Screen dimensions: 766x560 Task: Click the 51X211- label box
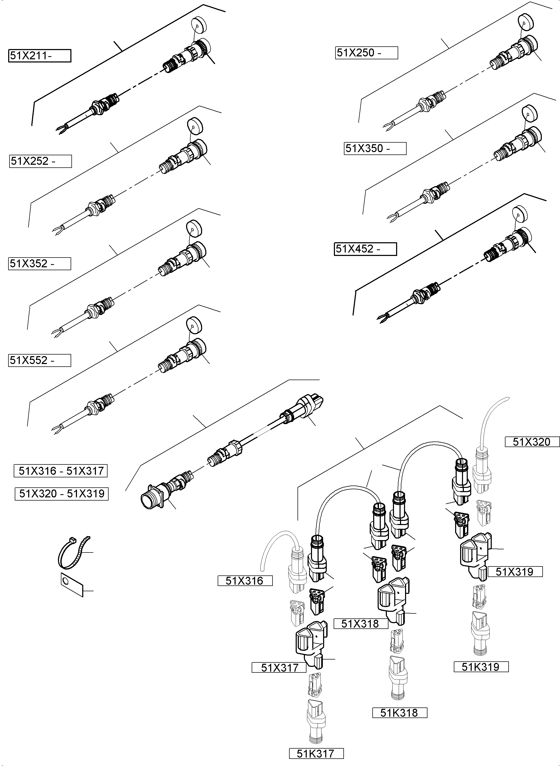click(x=40, y=56)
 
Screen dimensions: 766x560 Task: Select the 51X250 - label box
click(x=367, y=53)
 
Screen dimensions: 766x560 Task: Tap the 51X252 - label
click(x=40, y=161)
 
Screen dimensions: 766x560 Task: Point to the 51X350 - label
click(x=375, y=148)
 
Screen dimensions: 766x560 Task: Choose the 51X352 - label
click(x=40, y=264)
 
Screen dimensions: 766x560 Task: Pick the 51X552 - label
click(x=40, y=360)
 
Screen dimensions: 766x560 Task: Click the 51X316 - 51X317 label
click(x=61, y=471)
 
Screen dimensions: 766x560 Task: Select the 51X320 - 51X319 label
click(x=62, y=493)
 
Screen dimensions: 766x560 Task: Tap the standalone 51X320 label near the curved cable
click(x=532, y=442)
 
